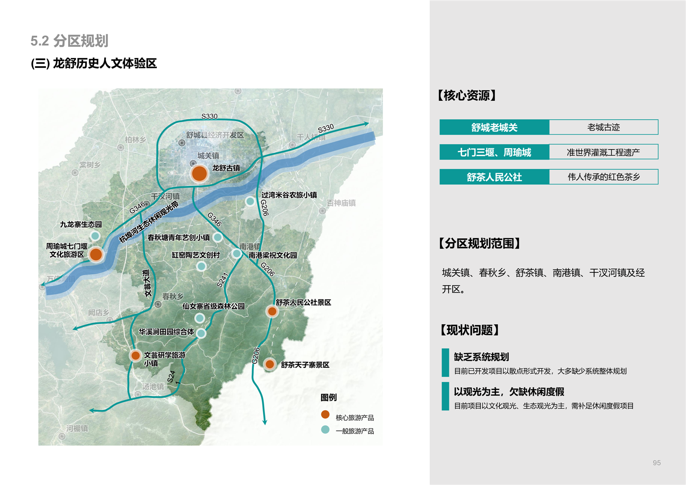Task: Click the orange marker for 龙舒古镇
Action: [199, 173]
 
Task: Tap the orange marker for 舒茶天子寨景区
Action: [270, 364]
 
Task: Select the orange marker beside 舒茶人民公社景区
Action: [272, 311]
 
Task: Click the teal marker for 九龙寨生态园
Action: [95, 236]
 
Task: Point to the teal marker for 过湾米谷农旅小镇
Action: [250, 201]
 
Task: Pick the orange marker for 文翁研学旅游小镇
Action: [135, 355]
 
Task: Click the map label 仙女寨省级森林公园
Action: [214, 306]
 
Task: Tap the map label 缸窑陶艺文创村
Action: [196, 255]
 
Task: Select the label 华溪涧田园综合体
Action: [166, 332]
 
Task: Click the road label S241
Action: [222, 280]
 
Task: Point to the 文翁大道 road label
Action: [147, 283]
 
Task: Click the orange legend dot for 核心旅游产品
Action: [325, 415]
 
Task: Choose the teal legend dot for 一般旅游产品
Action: [325, 430]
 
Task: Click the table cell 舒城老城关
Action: [494, 128]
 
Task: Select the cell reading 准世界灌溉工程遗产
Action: [603, 152]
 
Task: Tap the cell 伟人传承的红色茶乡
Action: [603, 177]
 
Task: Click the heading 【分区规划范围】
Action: [480, 243]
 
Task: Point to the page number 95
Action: [657, 463]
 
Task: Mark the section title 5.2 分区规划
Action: [69, 41]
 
